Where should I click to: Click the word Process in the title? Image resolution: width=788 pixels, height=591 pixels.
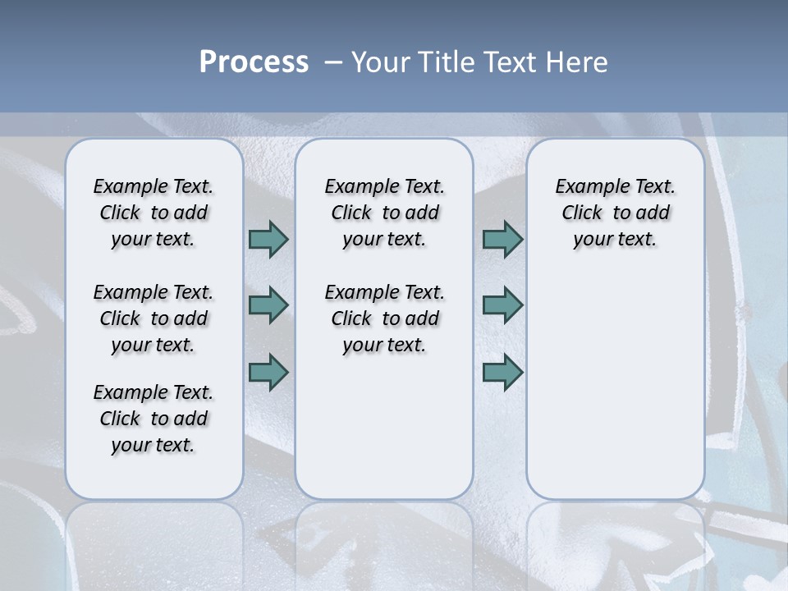coord(254,62)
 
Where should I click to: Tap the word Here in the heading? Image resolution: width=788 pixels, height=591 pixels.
coord(577,62)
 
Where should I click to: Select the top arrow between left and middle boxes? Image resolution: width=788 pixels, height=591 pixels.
coord(268,239)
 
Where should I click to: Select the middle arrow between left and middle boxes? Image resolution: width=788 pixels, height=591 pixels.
coord(268,305)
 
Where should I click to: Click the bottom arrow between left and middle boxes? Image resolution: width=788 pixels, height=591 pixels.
coord(268,372)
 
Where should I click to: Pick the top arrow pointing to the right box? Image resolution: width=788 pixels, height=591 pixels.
coord(502,239)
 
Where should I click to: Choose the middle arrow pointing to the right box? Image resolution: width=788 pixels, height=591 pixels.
coord(502,305)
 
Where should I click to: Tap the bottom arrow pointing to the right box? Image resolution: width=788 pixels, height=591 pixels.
coord(502,372)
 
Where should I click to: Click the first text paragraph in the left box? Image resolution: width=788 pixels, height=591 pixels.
coord(153,213)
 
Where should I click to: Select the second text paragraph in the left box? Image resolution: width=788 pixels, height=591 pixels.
coord(153,318)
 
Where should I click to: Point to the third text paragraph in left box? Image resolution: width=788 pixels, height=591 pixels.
coord(153,419)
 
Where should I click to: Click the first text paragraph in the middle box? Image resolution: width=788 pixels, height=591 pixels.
coord(384,213)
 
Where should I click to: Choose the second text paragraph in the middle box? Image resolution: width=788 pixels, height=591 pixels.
coord(384,318)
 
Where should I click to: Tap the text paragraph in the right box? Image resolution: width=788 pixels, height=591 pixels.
coord(615,213)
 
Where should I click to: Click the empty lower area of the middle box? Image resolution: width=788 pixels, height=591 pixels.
coord(384,427)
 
